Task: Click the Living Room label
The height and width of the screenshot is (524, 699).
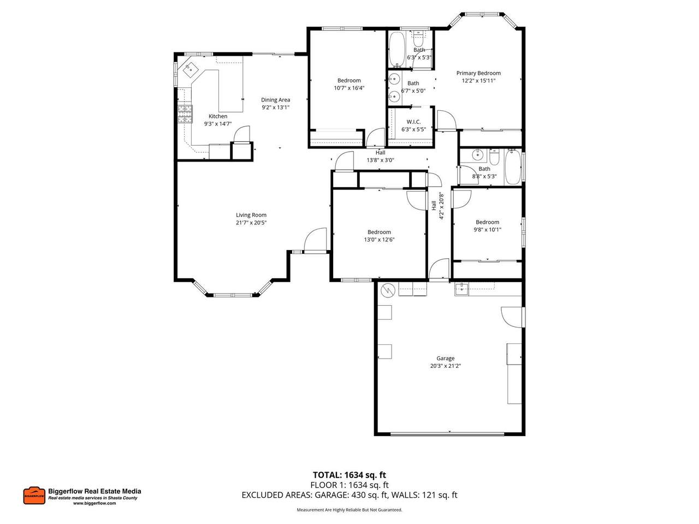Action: click(x=251, y=215)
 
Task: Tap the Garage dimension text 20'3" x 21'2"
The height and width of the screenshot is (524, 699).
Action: click(x=445, y=366)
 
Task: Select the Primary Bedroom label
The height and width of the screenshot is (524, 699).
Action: click(x=478, y=73)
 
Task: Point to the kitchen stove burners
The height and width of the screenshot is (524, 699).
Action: click(x=185, y=114)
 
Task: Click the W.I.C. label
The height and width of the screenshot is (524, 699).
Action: click(x=413, y=122)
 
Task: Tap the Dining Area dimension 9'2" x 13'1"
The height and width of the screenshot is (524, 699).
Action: click(x=275, y=108)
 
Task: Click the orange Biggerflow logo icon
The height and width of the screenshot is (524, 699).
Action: click(x=34, y=496)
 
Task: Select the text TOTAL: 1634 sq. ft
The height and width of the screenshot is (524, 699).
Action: click(x=349, y=475)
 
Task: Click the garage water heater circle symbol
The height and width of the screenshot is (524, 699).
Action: click(x=388, y=290)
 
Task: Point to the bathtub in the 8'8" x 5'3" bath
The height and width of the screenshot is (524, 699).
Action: click(x=512, y=168)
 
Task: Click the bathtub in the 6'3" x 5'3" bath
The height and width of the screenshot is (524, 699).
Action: click(x=397, y=49)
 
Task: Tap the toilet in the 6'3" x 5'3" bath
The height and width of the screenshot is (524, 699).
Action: click(x=418, y=39)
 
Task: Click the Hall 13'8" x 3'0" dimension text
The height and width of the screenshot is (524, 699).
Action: click(x=380, y=160)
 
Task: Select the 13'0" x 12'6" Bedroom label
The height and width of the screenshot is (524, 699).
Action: click(x=379, y=233)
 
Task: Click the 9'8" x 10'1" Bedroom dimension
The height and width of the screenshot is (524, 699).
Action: click(x=487, y=230)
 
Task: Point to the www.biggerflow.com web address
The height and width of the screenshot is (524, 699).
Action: click(x=94, y=503)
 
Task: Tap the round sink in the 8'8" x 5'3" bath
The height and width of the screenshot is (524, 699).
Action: click(x=478, y=155)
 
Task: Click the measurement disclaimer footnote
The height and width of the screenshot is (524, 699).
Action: click(x=349, y=510)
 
